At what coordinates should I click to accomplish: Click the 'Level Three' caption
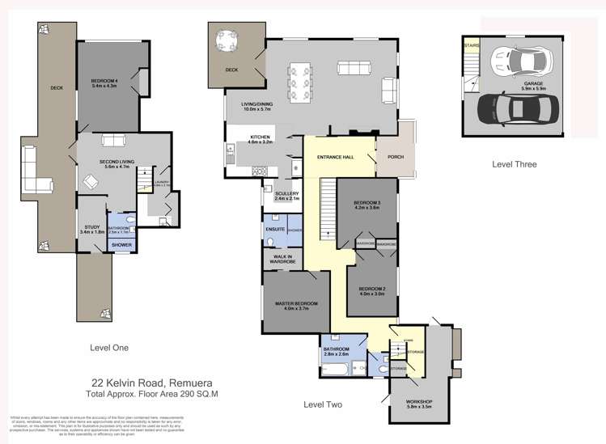(x=514, y=164)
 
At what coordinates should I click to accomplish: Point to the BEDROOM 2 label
(x=372, y=291)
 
